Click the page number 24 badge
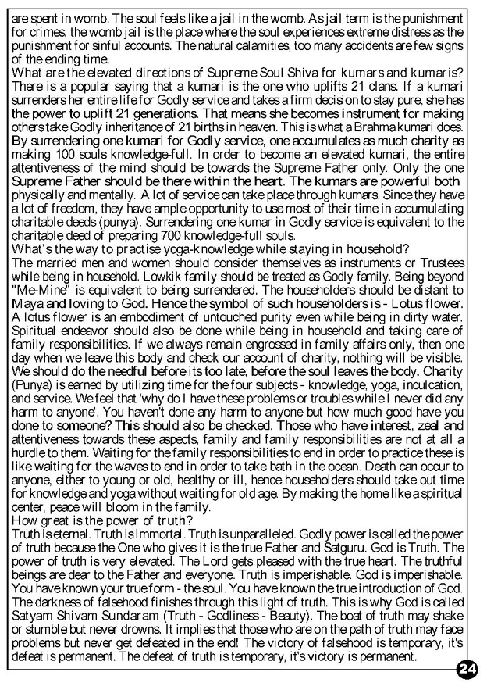click(468, 670)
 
